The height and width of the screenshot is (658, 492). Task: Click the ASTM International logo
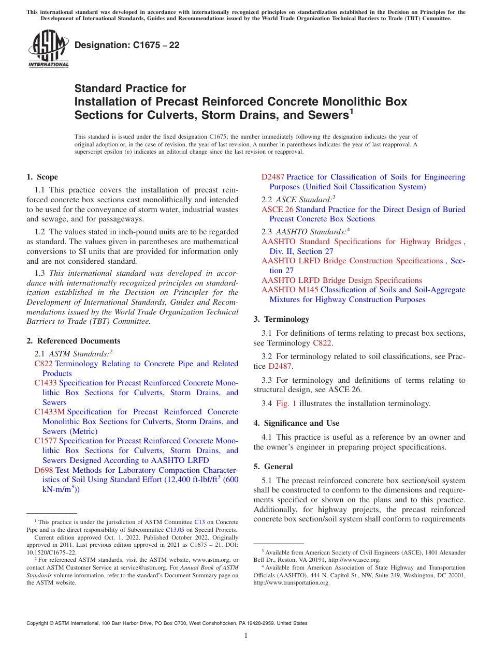click(48, 49)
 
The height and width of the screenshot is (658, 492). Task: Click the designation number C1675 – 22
click(127, 45)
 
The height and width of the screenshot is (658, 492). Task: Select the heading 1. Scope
click(42, 177)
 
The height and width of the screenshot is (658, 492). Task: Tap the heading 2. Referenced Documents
click(74, 341)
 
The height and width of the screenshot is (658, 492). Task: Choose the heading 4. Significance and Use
click(296, 423)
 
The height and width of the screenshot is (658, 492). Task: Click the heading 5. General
click(273, 467)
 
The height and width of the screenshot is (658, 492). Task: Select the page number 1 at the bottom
click(246, 636)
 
